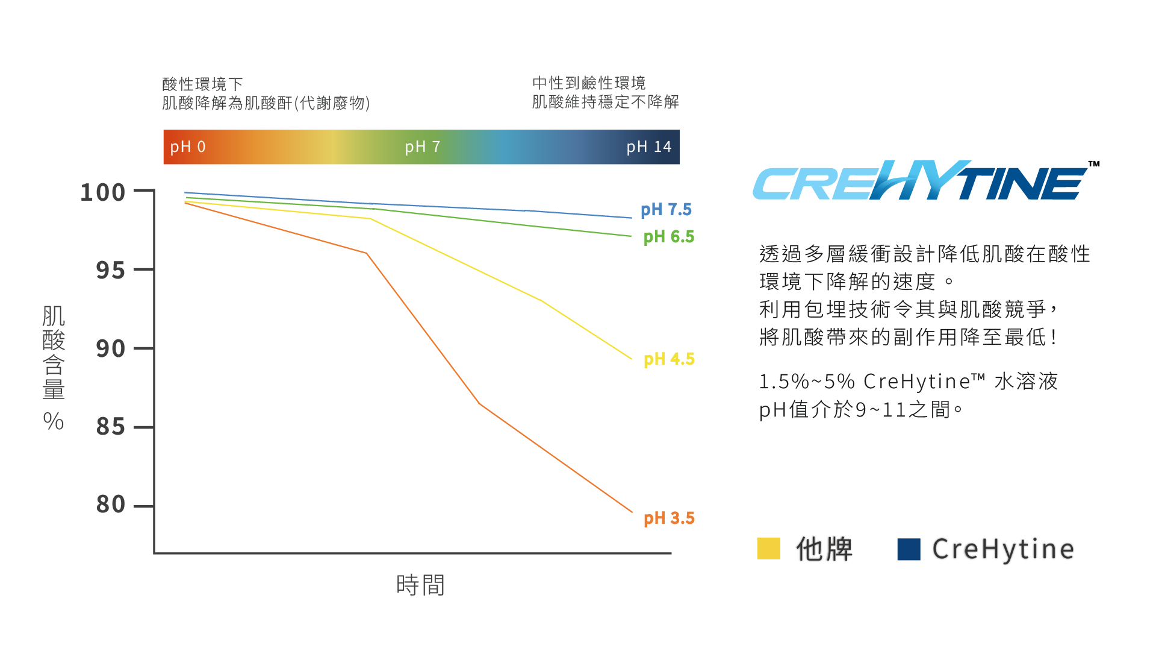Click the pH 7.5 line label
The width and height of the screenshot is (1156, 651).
666,210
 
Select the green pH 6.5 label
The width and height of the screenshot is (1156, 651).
668,237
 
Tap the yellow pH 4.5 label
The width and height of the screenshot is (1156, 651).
669,359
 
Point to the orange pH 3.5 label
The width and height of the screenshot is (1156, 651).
669,518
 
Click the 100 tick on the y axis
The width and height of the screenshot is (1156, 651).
103,193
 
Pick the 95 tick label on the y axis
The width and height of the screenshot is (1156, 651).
111,271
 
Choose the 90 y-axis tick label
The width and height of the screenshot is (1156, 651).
111,349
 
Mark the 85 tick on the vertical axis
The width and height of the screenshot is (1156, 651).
111,427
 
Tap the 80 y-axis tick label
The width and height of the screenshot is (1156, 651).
111,505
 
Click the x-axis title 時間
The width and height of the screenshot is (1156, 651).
420,585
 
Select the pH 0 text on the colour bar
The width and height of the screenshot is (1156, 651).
188,147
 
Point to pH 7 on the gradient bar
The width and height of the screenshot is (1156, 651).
423,147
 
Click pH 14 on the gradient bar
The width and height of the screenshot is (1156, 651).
648,147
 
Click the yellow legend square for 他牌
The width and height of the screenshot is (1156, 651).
769,549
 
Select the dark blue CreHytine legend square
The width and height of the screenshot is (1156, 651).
909,549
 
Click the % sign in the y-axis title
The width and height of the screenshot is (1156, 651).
54,421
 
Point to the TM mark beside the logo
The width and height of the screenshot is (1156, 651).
1094,164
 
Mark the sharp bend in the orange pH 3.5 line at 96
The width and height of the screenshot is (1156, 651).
367,253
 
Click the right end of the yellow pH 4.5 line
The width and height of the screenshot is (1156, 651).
632,359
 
